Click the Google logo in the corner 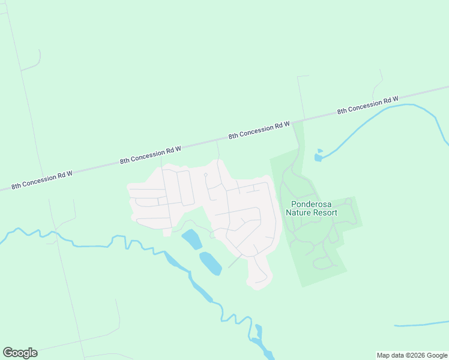pyautogui.click(x=20, y=353)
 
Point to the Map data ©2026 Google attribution pyautogui.click(x=412, y=355)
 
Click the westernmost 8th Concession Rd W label pyautogui.click(x=41, y=179)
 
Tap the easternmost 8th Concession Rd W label pyautogui.click(x=367, y=106)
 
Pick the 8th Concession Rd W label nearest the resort pyautogui.click(x=259, y=131)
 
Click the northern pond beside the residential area pyautogui.click(x=192, y=239)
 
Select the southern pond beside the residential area pyautogui.click(x=210, y=263)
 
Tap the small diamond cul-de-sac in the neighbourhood pyautogui.click(x=205, y=175)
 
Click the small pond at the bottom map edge pyautogui.click(x=259, y=331)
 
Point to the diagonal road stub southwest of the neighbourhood pyautogui.click(x=235, y=262)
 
